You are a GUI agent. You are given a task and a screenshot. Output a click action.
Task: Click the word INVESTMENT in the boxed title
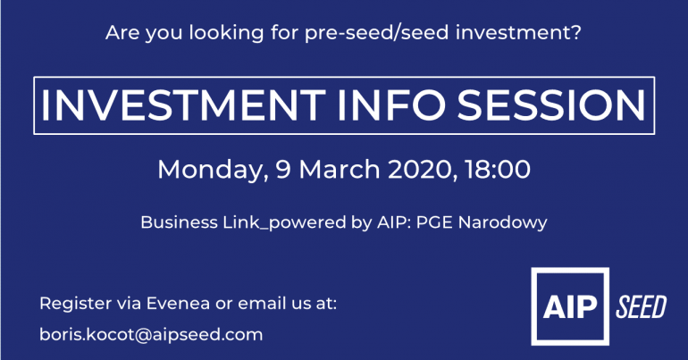[x=183, y=105]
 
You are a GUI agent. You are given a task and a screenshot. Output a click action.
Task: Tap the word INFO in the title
[x=391, y=105]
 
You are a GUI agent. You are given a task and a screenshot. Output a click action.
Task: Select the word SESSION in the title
[x=551, y=105]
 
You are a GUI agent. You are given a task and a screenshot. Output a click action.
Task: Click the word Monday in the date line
[x=213, y=170]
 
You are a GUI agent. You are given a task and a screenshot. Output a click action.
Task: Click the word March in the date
[x=340, y=169]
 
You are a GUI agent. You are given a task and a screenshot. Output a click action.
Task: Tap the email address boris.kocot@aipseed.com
[x=151, y=335]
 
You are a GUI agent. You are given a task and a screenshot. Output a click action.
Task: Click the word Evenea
[x=178, y=304]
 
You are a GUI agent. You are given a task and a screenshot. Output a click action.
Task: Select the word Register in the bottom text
[x=75, y=304]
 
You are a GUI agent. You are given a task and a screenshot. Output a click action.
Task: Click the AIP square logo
[x=570, y=306]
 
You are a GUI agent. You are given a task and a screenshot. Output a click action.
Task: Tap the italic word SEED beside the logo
[x=642, y=306]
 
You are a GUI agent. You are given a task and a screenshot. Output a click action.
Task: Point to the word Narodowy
[x=502, y=222]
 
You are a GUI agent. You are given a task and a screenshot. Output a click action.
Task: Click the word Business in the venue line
[x=179, y=222]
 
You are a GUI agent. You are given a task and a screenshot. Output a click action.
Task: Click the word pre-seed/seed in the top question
[x=377, y=33]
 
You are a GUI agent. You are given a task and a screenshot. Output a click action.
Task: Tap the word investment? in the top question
[x=518, y=32]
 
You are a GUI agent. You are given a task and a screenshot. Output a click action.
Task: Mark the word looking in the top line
[x=226, y=33]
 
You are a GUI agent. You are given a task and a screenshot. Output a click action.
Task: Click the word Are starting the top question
[x=123, y=33]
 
